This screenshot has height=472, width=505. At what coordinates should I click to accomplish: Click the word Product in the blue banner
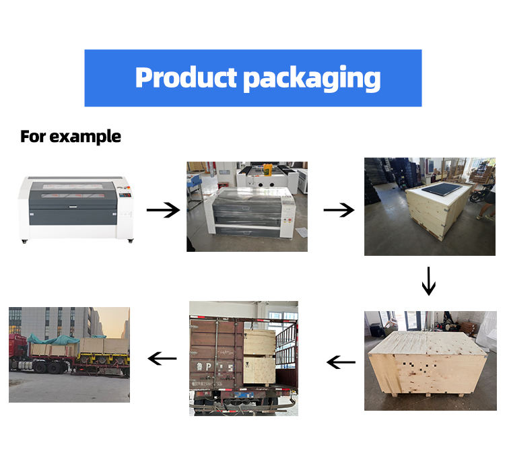pyautogui.click(x=186, y=77)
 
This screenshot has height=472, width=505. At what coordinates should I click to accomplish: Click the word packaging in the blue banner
pyautogui.click(x=312, y=79)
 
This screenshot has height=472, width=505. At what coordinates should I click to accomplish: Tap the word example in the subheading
pyautogui.click(x=86, y=137)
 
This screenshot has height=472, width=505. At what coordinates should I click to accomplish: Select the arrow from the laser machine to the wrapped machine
pyautogui.click(x=164, y=210)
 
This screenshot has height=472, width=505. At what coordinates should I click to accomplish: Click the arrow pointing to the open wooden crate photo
pyautogui.click(x=339, y=210)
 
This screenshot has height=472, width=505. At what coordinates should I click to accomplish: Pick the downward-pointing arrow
pyautogui.click(x=429, y=281)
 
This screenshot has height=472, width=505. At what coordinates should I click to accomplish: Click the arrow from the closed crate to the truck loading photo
pyautogui.click(x=341, y=362)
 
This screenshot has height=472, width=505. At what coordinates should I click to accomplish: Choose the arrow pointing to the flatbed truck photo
pyautogui.click(x=162, y=358)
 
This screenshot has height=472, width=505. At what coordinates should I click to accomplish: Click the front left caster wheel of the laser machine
pyautogui.click(x=24, y=241)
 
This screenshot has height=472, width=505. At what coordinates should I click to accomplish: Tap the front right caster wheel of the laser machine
pyautogui.click(x=131, y=240)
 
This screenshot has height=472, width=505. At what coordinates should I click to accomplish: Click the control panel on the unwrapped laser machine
pyautogui.click(x=125, y=195)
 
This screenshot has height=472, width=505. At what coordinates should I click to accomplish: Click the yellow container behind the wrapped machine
pyautogui.click(x=267, y=169)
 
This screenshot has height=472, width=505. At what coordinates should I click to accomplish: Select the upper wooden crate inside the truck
pyautogui.click(x=259, y=342)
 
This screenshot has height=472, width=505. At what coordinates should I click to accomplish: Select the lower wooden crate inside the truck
pyautogui.click(x=259, y=370)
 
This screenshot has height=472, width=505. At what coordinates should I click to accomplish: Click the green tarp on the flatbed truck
pyautogui.click(x=53, y=339)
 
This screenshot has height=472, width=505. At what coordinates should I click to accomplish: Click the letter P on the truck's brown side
pyautogui.click(x=208, y=367)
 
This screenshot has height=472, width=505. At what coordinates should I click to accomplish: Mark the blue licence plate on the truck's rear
pyautogui.click(x=244, y=395)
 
